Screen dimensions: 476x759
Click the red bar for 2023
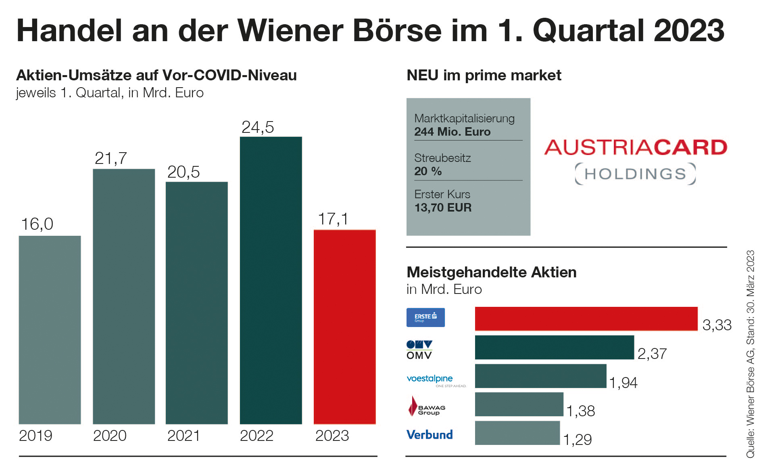coord(344,327)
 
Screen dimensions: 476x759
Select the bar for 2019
coord(50,329)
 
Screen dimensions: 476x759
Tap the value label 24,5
coord(258,128)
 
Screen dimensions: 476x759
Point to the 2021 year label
coord(183,436)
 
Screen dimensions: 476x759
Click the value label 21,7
coord(111,158)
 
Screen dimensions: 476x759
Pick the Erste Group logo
coord(425,317)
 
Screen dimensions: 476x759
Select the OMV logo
coord(419,350)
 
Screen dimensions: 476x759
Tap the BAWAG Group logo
coord(427,407)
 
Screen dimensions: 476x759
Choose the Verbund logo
coord(430,435)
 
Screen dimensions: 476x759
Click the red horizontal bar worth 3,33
coord(586,319)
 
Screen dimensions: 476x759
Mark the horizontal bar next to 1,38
coord(519,404)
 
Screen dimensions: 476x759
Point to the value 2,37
coord(652,354)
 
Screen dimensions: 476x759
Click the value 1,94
coord(623,382)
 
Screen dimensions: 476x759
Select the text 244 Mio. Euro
coord(452,132)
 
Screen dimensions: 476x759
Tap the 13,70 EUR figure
coord(443,208)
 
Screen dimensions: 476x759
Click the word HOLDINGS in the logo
coord(635,174)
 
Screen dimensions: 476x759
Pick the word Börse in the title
coord(397,31)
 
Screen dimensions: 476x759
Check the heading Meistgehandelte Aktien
coord(491,273)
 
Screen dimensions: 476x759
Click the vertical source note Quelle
coord(750,354)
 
